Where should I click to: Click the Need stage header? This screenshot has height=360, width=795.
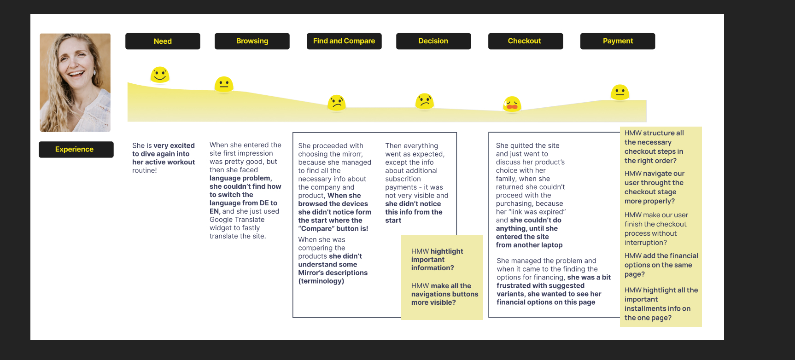click(x=163, y=41)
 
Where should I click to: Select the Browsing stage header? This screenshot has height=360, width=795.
click(x=252, y=41)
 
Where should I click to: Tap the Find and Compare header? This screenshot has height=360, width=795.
click(x=344, y=41)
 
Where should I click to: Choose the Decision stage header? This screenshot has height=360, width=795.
click(x=433, y=41)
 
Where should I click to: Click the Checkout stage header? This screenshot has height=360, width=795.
click(x=525, y=41)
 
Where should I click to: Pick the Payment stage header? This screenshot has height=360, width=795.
click(x=617, y=41)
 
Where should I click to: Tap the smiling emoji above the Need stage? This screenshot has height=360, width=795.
click(x=160, y=75)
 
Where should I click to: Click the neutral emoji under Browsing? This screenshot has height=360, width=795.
click(x=224, y=84)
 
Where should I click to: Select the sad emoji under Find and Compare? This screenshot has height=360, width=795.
click(x=337, y=103)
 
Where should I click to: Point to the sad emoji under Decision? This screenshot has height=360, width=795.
click(x=424, y=101)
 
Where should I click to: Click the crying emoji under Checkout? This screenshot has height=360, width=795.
click(x=512, y=104)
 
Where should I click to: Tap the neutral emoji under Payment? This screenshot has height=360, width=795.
click(x=620, y=92)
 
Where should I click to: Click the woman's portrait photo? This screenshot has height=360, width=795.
click(x=75, y=83)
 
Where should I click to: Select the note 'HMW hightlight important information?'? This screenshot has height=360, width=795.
click(x=437, y=260)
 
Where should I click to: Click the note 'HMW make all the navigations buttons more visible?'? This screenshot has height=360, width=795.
click(x=444, y=294)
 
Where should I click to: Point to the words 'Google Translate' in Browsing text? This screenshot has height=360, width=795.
click(x=237, y=220)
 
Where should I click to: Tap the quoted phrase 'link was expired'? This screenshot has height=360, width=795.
click(x=531, y=212)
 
